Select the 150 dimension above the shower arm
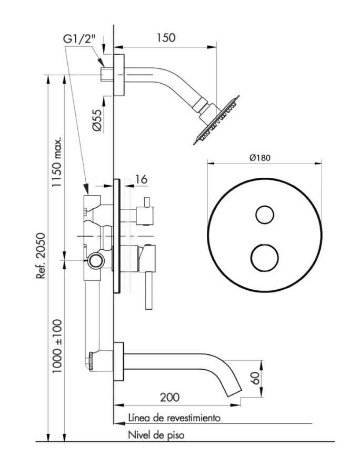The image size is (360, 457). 166,38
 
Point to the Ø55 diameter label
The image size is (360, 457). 96,120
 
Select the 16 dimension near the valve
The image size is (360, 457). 141,179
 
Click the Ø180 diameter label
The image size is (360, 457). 261,157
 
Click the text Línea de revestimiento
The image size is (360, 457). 173,418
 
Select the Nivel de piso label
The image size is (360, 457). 156,435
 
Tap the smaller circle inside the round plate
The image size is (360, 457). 264,215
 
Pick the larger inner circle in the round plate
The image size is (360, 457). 264,257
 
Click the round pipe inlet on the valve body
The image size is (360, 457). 96,260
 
